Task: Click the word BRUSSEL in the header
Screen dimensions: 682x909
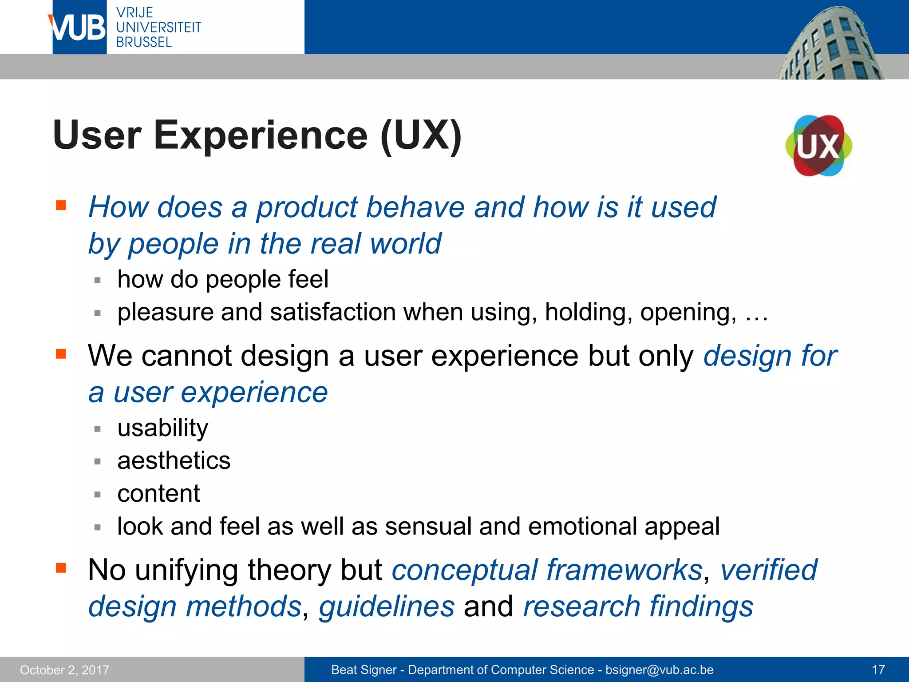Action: [x=144, y=42]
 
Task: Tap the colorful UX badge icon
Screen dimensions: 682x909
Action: [x=819, y=146]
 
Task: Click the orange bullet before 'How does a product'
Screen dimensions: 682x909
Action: [x=61, y=205]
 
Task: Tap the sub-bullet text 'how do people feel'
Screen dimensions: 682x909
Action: [x=223, y=279]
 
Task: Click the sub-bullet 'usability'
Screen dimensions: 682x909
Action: [x=162, y=428]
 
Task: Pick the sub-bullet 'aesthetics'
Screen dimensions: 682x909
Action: [x=174, y=460]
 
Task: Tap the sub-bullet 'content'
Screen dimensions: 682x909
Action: [x=158, y=493]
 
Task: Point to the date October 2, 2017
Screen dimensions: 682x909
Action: [x=65, y=670]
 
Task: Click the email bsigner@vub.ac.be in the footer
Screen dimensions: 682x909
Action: [x=660, y=670]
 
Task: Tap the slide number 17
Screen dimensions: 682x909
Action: [x=878, y=670]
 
